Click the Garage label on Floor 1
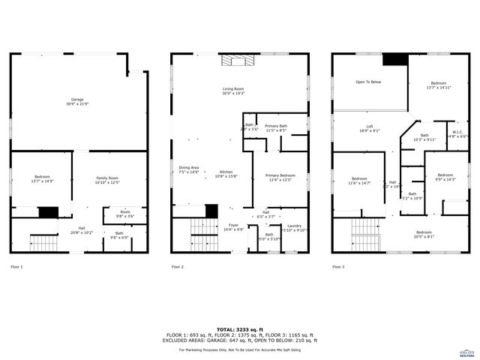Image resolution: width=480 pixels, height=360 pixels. tap(78, 101)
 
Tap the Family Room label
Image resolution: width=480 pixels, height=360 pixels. tap(107, 180)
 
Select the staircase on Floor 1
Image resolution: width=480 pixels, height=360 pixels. tap(43, 242)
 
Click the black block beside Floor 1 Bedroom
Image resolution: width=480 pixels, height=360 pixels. tap(48, 212)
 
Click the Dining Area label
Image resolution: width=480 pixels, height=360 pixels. tap(188, 169)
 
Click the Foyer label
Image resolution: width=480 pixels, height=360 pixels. tap(234, 227)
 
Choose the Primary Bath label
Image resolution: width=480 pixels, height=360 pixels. tap(276, 128)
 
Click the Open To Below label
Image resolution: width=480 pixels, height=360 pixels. tap(368, 82)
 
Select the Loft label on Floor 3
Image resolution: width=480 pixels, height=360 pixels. tap(369, 128)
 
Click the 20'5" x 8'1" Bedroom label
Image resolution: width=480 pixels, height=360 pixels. tap(424, 234)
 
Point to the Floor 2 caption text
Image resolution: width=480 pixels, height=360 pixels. tap(177, 267)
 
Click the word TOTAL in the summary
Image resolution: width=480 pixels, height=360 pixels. tap(224, 329)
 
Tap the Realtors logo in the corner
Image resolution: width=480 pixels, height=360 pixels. tap(466, 352)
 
